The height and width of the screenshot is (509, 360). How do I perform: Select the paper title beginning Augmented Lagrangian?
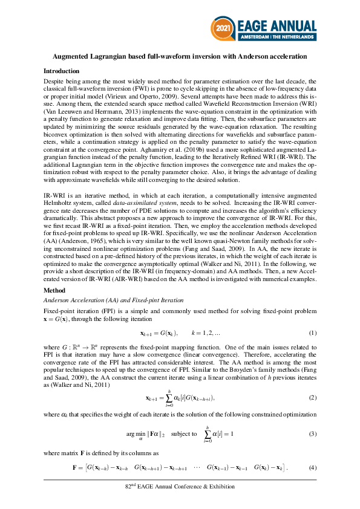coord(180,56)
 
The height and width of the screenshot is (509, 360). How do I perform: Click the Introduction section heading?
coord(61,71)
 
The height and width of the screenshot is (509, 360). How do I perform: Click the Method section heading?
coord(54,291)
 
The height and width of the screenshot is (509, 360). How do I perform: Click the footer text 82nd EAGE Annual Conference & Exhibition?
coord(180,487)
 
